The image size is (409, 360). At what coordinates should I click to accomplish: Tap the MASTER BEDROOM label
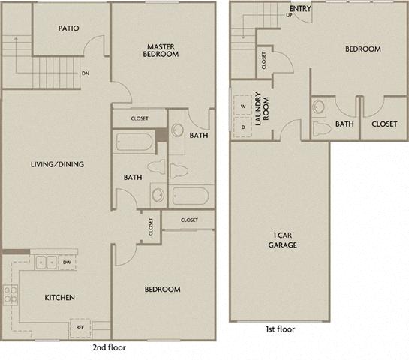161,49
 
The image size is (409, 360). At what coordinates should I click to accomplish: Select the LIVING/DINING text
57,164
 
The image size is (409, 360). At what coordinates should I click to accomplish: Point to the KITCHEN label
59,298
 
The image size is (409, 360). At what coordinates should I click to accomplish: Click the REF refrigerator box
80,326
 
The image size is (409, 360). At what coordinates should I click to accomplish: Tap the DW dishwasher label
68,262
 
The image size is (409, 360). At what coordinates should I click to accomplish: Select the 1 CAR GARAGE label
282,240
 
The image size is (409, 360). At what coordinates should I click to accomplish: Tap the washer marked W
243,107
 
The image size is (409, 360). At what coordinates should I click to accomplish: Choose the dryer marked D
243,127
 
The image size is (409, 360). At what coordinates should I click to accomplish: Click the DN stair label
86,73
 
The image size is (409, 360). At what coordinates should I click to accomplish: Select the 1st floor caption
280,329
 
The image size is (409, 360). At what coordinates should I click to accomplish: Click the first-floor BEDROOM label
362,49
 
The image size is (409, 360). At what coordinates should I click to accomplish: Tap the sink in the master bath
177,130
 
